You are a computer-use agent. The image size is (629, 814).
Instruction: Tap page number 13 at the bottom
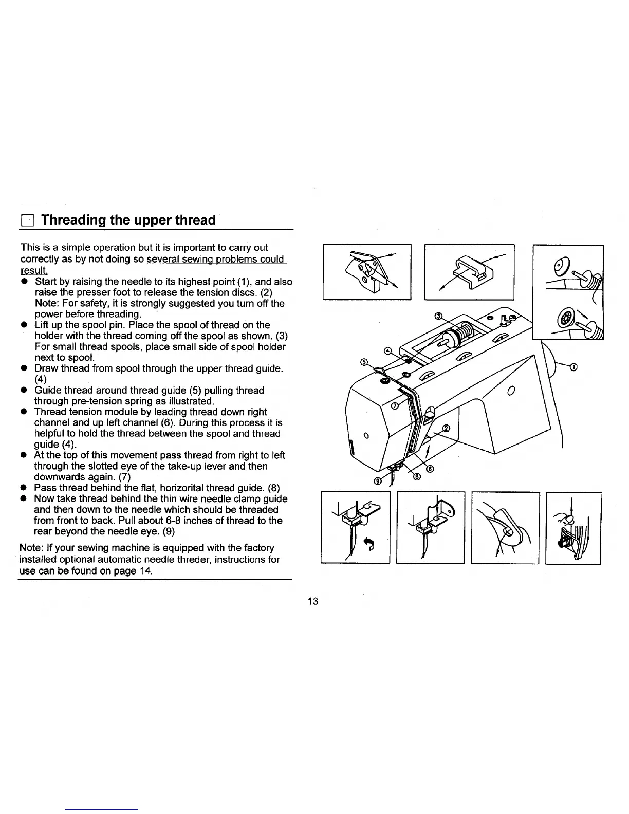click(313, 601)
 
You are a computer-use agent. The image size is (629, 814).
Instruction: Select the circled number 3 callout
click(438, 315)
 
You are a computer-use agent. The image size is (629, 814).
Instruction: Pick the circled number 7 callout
click(395, 405)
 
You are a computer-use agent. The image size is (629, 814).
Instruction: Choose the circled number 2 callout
click(446, 428)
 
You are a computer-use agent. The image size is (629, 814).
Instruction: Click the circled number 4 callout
click(389, 351)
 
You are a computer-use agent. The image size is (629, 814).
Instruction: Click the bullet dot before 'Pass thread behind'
click(24, 488)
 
